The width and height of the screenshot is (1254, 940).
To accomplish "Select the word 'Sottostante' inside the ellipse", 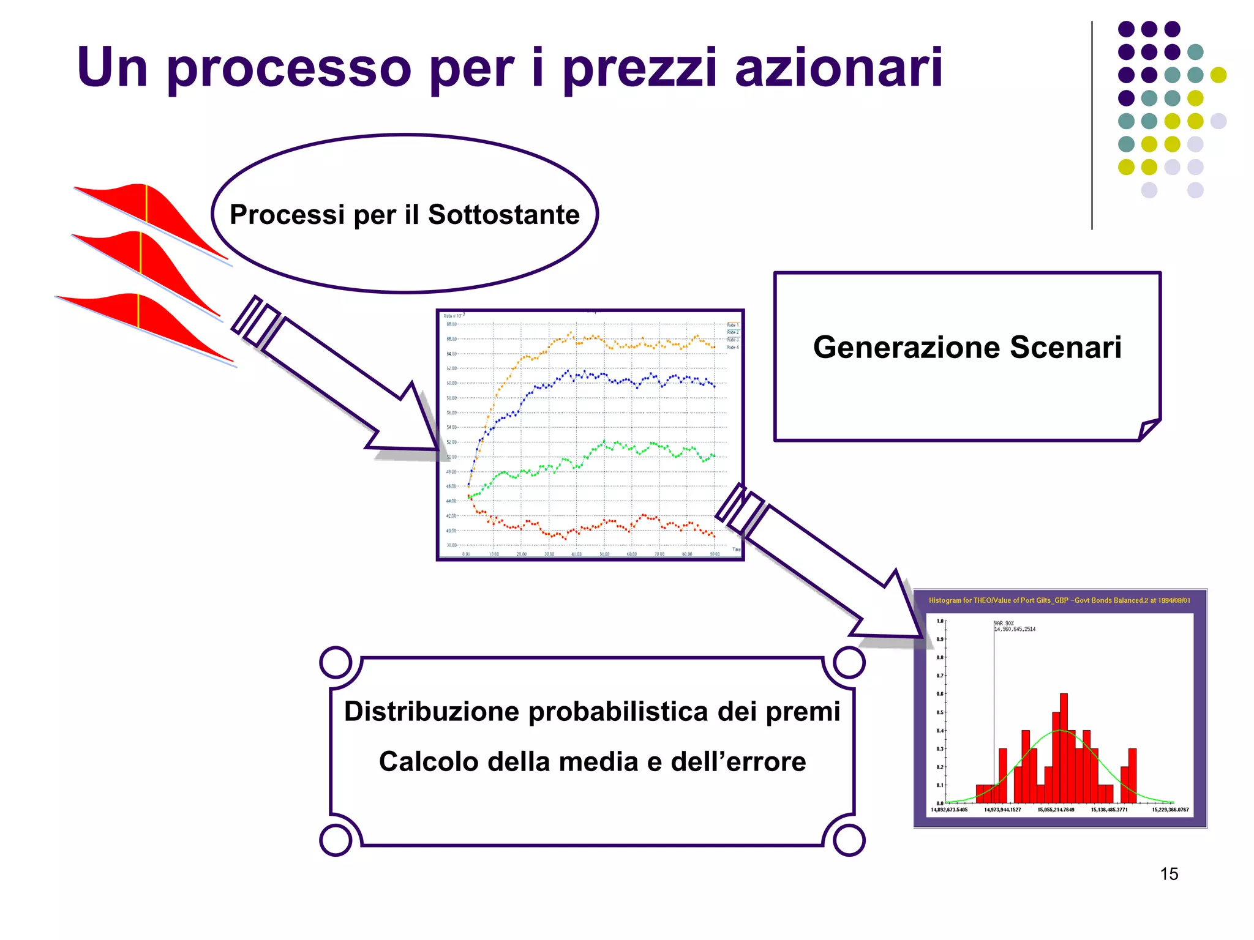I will pos(503,215).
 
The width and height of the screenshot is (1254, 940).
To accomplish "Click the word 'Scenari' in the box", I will pos(1065,347).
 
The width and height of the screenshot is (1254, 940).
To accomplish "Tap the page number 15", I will pos(1168,874).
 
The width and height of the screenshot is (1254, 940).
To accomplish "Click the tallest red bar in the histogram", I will pos(1064,747).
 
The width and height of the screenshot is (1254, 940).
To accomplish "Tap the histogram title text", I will pos(1059,600).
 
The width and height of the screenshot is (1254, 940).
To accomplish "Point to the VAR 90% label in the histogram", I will pos(1015,626).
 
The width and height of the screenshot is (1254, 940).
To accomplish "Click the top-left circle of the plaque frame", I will pos(336,662).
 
